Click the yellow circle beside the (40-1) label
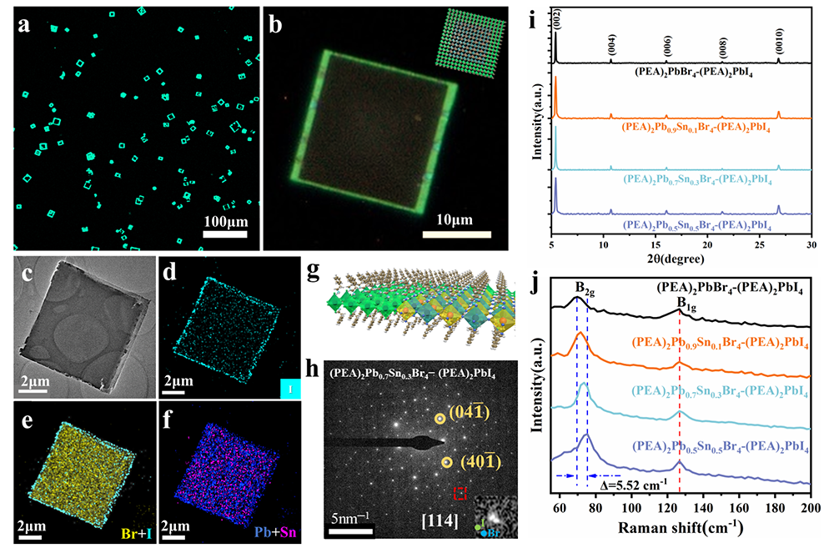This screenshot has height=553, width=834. [448, 462]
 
